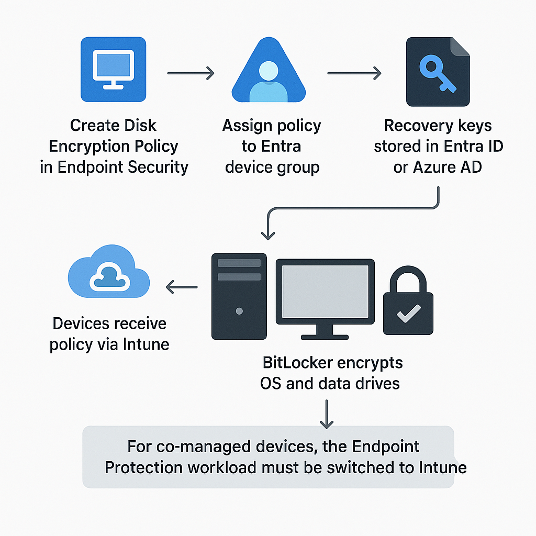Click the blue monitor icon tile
tap(114, 70)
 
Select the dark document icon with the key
tap(438, 72)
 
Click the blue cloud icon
tap(109, 272)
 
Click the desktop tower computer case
tap(239, 296)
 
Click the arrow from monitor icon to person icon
tap(191, 73)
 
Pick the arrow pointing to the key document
tap(354, 73)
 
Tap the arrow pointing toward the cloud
tap(181, 287)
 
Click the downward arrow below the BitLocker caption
tap(327, 414)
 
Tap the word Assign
tap(247, 126)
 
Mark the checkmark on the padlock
tap(408, 315)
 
